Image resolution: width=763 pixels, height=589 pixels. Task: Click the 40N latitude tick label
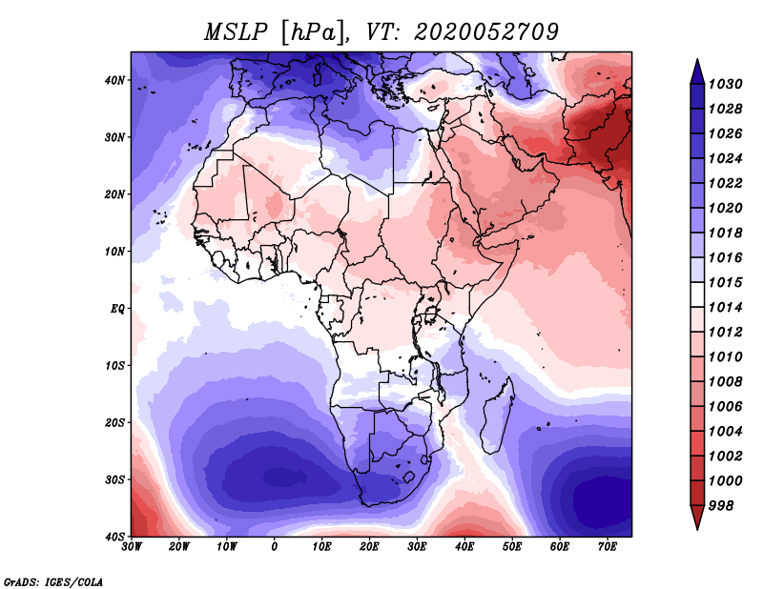114,80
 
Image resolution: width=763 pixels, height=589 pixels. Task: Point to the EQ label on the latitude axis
117,309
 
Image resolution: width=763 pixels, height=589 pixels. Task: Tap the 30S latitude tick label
114,480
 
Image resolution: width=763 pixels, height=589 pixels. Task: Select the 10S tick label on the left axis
114,366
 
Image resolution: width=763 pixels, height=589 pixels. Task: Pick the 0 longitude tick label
274,547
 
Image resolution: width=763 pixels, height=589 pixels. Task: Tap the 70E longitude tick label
608,547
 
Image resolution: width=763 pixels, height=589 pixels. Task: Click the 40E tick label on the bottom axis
464,547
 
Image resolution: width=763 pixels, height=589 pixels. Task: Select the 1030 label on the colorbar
725,84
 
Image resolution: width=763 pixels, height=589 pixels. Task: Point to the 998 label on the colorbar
721,506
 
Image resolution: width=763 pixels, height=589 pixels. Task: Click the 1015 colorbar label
725,282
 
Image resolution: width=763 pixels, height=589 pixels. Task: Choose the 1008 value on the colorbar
725,382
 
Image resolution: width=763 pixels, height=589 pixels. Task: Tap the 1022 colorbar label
725,183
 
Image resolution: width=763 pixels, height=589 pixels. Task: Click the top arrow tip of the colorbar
697,59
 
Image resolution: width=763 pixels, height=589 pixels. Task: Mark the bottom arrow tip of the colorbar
697,529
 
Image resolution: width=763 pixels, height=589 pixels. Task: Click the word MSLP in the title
236,32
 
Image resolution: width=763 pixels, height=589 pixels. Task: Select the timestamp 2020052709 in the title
486,32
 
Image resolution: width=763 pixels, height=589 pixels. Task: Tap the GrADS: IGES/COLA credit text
53,582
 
